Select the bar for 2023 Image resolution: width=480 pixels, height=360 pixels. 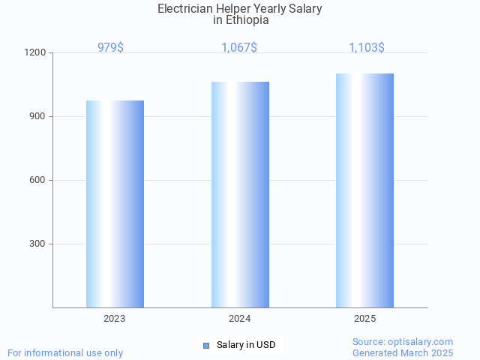coord(115,204)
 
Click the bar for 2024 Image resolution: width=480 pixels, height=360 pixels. coord(240,194)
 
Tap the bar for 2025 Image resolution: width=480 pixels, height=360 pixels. coord(364,190)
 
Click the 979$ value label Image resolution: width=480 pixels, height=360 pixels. coord(110,47)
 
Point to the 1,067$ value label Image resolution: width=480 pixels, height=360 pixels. coord(239,47)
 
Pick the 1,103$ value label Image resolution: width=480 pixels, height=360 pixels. coord(367,47)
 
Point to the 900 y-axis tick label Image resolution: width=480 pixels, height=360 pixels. coord(39,117)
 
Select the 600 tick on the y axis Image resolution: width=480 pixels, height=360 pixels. coord(39,181)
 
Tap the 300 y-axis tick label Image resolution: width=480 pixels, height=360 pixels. coord(39,244)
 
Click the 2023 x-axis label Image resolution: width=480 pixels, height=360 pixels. coord(115,319)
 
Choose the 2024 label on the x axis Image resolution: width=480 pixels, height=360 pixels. coord(240,319)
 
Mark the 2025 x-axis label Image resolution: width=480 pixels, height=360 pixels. coord(365,319)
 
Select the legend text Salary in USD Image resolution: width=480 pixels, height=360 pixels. coord(246,345)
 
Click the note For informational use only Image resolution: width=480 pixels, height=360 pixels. coord(65,352)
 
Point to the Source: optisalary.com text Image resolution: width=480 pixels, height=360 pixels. coord(403,341)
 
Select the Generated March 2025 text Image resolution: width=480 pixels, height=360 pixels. coord(403,352)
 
